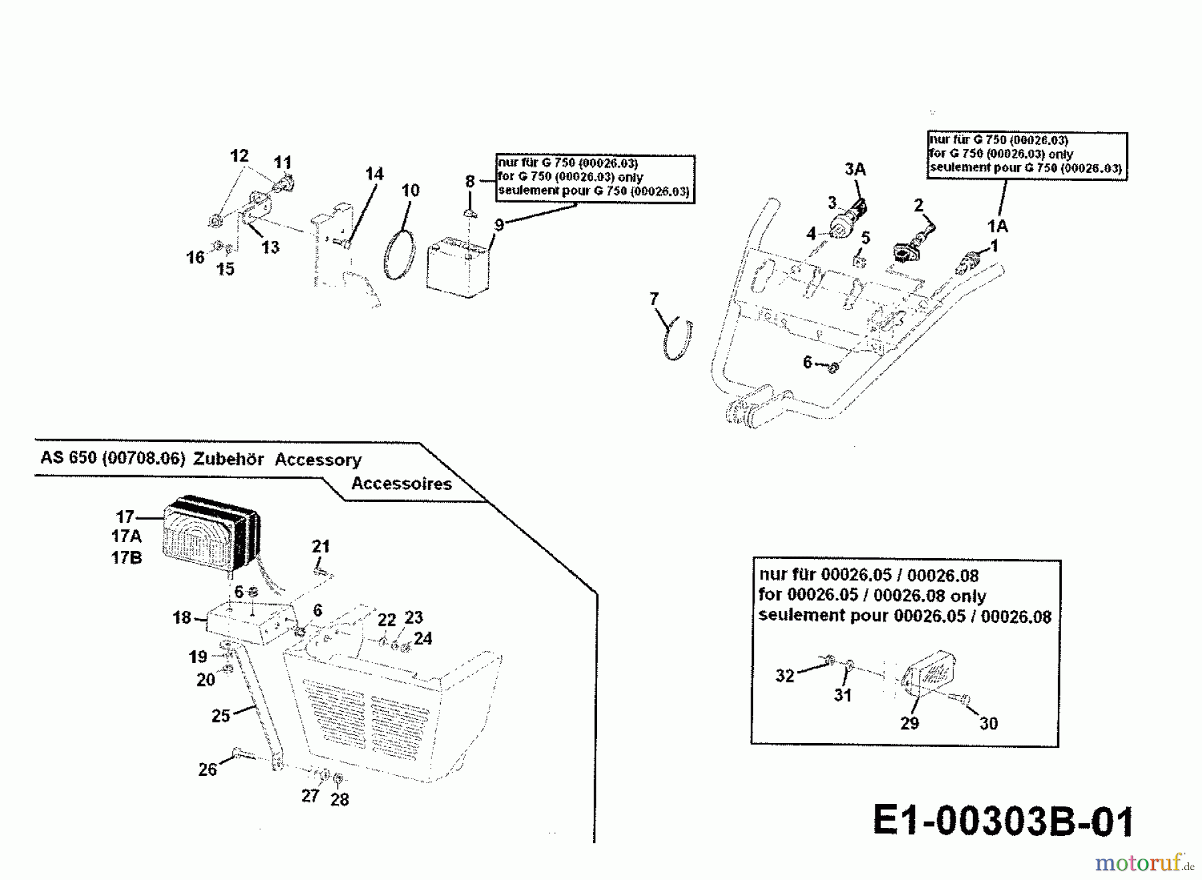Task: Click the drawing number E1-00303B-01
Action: (x=1003, y=821)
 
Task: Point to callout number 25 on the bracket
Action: (x=220, y=716)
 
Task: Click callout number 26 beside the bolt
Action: (x=208, y=769)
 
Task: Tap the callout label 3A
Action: (x=855, y=170)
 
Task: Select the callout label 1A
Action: (x=998, y=226)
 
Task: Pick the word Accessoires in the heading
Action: (x=401, y=483)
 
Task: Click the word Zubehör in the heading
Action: (x=228, y=459)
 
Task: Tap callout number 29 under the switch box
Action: (x=910, y=723)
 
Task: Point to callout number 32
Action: (x=785, y=676)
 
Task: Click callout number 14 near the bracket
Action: (x=374, y=174)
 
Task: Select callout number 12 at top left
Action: (x=239, y=156)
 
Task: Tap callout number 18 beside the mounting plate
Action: (x=182, y=618)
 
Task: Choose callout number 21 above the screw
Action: (x=321, y=546)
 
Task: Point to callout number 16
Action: (x=195, y=257)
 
